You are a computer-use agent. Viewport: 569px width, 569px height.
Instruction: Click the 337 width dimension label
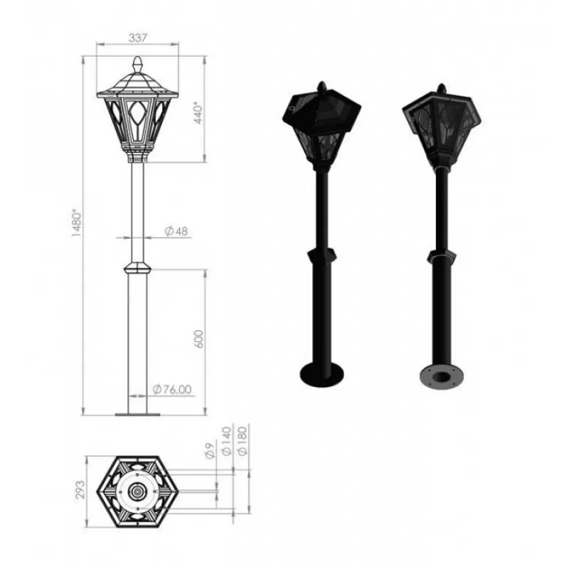[x=138, y=38]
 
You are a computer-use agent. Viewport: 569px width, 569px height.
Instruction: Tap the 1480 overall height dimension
[x=77, y=223]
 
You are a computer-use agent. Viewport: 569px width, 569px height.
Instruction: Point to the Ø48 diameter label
[x=176, y=230]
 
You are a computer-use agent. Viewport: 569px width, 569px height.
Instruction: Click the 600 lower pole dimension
[x=199, y=339]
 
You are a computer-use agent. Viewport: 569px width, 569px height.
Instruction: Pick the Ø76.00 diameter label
[x=172, y=389]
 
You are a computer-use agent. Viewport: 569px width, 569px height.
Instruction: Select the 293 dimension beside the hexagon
[x=80, y=489]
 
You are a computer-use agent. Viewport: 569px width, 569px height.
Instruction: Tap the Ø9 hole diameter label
[x=210, y=451]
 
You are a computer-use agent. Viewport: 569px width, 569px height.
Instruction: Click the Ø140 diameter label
[x=226, y=441]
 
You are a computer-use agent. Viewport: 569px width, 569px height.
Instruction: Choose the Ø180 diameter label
[x=242, y=441]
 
